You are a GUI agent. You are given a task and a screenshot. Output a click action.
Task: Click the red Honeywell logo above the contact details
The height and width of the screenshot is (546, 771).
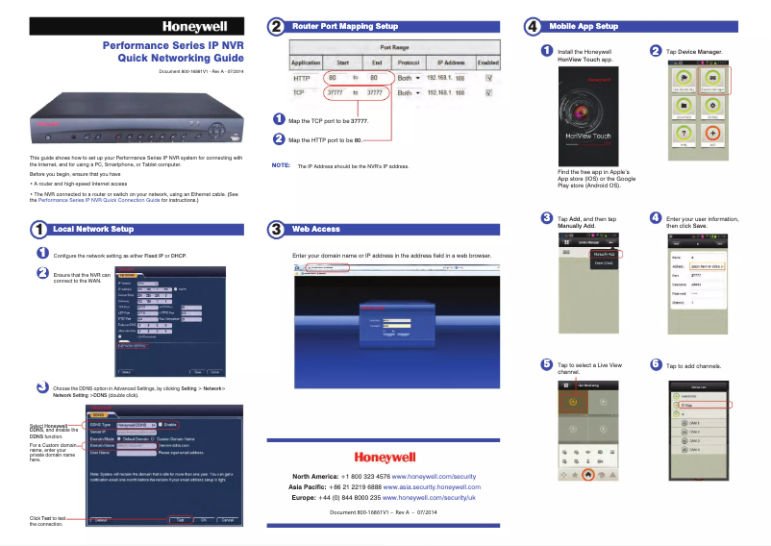point(385,458)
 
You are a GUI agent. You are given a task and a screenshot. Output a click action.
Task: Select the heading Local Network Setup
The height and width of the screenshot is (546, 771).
point(93,230)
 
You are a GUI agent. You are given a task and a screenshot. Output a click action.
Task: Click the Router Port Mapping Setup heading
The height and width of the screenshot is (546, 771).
point(345,27)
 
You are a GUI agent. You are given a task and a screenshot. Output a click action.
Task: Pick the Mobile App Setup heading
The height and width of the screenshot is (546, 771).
point(583,26)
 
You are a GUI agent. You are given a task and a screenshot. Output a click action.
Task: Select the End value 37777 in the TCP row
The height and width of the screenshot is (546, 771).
point(375,93)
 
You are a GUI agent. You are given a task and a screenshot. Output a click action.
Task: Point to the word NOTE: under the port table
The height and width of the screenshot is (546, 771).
point(282,165)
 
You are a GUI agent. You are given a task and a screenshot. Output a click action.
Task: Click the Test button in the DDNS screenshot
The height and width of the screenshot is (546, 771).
point(179,519)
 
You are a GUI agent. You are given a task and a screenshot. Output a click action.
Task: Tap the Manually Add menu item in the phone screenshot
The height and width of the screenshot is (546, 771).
point(605,254)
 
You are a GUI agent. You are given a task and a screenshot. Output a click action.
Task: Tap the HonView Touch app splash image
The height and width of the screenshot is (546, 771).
point(587,116)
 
